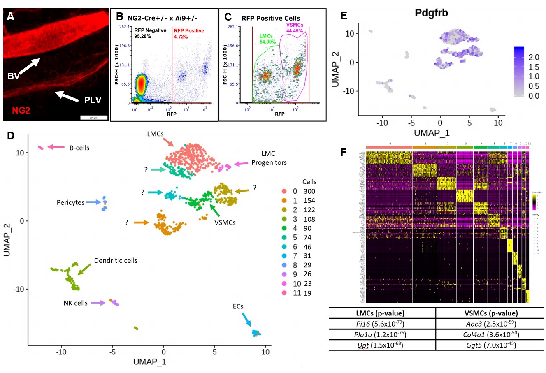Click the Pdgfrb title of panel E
[431, 13]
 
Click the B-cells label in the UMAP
[79, 148]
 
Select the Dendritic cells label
[116, 261]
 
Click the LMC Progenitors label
[269, 158]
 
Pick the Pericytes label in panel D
[70, 202]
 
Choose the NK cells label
[75, 303]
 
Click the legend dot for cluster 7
[283, 256]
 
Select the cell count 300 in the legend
[309, 191]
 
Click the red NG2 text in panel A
[21, 110]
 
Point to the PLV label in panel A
[93, 100]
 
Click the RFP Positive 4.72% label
[189, 34]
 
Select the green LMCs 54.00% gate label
[267, 39]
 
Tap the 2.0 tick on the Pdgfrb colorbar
[534, 58]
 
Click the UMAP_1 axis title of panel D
[150, 361]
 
